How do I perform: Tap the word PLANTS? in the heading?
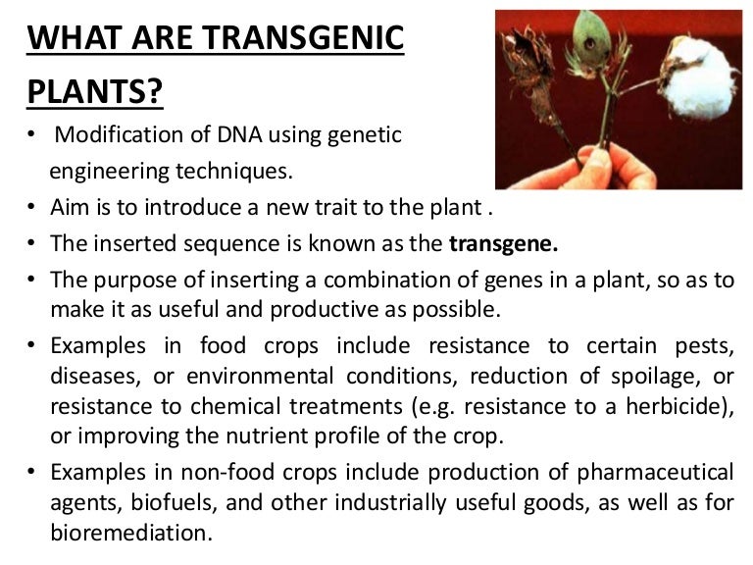tap(95, 91)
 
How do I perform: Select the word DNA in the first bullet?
tap(239, 134)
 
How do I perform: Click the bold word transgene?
tap(503, 243)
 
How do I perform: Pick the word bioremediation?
tap(131, 533)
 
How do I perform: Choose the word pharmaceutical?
tap(655, 473)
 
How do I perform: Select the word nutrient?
tap(267, 436)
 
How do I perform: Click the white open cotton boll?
tap(700, 77)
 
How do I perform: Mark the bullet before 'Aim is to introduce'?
tap(31, 207)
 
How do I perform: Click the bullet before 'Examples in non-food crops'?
tap(31, 472)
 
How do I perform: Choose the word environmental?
tap(259, 377)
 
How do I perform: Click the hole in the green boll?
tap(589, 44)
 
